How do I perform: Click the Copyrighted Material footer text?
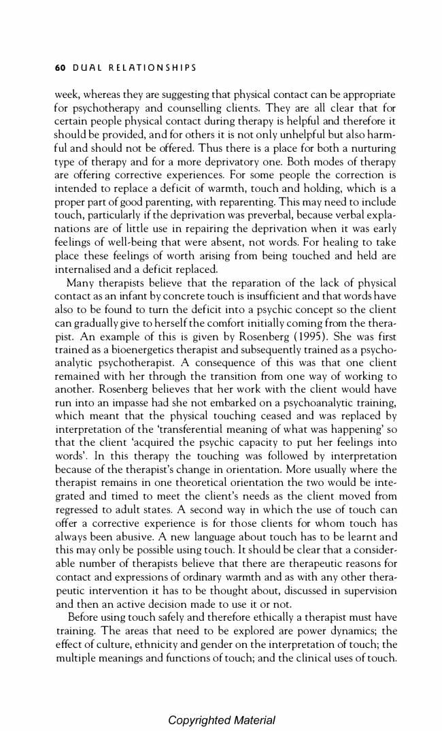point(222,720)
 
